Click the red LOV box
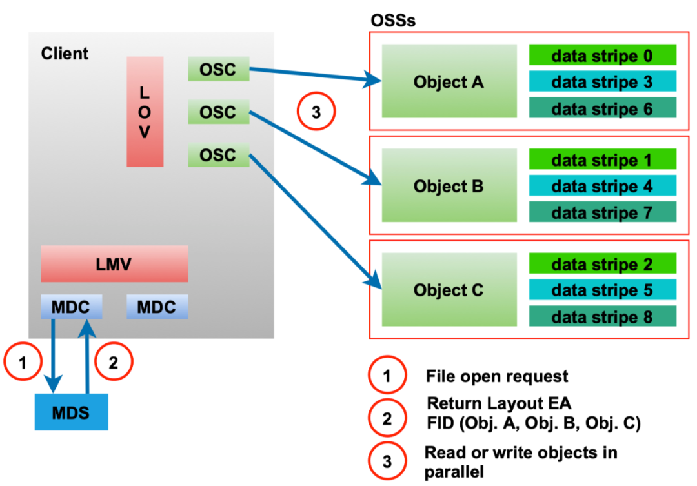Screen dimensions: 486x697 [145, 112]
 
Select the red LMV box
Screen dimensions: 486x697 [114, 263]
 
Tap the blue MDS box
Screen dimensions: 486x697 [71, 411]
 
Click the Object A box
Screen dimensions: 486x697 [449, 82]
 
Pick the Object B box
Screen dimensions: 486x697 [449, 186]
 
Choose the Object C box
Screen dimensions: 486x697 [449, 290]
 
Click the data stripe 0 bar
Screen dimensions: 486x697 [602, 56]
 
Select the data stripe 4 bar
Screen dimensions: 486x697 [602, 186]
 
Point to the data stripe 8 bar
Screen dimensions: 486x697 [602, 316]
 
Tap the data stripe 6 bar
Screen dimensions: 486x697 [602, 108]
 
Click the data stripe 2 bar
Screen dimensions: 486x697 [602, 264]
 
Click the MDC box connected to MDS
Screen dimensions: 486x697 [71, 307]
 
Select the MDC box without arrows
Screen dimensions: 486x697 [157, 307]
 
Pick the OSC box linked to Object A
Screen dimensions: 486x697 [218, 69]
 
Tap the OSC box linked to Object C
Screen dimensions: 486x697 [218, 156]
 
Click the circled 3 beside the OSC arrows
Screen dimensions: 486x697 [316, 113]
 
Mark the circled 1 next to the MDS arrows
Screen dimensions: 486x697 [23, 363]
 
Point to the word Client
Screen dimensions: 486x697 [65, 54]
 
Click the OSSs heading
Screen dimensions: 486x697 [393, 20]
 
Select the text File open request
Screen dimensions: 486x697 [497, 376]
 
